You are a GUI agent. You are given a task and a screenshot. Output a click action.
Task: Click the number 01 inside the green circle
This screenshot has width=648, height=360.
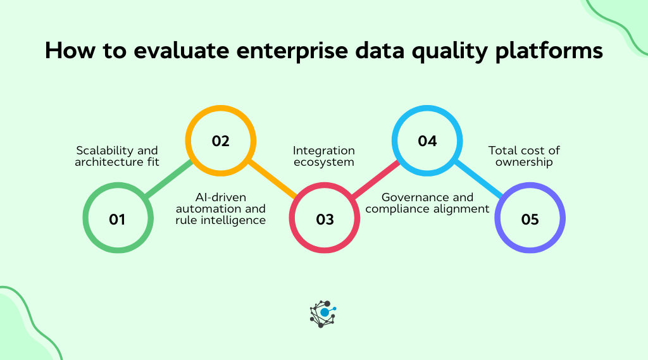(116, 220)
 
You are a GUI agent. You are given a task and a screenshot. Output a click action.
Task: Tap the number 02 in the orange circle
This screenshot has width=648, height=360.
(220, 141)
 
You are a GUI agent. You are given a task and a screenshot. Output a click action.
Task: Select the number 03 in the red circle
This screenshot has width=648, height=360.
(324, 220)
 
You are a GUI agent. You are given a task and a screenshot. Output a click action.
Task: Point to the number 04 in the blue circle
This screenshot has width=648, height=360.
(427, 141)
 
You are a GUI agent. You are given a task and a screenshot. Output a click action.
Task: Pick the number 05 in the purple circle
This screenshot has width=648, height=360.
(530, 220)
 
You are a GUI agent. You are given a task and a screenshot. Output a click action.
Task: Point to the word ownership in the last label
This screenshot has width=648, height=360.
(524, 162)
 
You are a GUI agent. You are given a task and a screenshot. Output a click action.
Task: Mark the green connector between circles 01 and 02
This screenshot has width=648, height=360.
(168, 180)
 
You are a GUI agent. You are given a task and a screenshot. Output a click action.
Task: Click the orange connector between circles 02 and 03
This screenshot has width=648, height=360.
(272, 180)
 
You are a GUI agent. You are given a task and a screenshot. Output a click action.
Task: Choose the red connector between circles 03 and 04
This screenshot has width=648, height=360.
(375, 180)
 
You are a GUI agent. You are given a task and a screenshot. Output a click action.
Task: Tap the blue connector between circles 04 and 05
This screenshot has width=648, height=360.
(479, 180)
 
